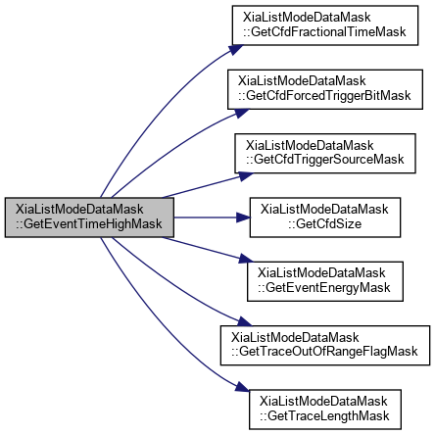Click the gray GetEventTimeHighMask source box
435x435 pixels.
pyautogui.click(x=89, y=217)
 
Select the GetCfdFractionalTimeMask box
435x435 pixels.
pyautogui.click(x=325, y=25)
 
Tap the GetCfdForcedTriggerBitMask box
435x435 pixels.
pyautogui.click(x=325, y=89)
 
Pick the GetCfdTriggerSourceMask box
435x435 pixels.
pyautogui.click(x=325, y=153)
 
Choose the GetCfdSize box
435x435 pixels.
pyautogui.click(x=325, y=217)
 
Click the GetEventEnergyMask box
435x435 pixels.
pyautogui.click(x=325, y=281)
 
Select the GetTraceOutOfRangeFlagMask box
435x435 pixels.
pyautogui.click(x=325, y=345)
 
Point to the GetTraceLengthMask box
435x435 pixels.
pyautogui.click(x=325, y=410)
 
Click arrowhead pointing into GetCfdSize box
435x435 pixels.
pyautogui.click(x=243, y=217)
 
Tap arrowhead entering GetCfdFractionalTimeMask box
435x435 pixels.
pyautogui.click(x=236, y=49)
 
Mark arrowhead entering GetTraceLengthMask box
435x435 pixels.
pyautogui.click(x=242, y=387)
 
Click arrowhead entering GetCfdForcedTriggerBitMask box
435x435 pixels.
pyautogui.click(x=242, y=113)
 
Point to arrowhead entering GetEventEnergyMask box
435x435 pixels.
pyautogui.click(x=246, y=259)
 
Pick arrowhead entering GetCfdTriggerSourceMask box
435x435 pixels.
pyautogui.click(x=246, y=175)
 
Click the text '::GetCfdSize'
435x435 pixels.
pyautogui.click(x=325, y=224)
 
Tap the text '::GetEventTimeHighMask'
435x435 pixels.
pyautogui.click(x=89, y=224)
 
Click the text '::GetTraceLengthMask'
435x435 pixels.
pyautogui.click(x=324, y=416)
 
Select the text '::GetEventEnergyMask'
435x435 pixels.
pyautogui.click(x=324, y=288)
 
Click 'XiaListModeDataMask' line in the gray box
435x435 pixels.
pyautogui.click(x=79, y=210)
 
